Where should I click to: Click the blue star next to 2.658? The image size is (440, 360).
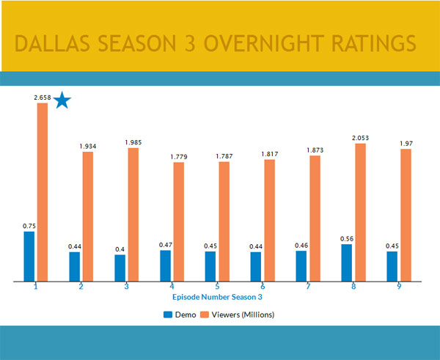(62, 101)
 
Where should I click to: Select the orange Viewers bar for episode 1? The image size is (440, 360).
(42, 191)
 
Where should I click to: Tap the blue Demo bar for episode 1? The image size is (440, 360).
(29, 256)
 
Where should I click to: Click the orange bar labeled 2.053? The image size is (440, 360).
(359, 212)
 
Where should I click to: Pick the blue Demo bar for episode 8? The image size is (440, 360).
(346, 262)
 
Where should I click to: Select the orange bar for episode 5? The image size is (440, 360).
(224, 221)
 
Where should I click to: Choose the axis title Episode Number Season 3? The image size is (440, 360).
(217, 298)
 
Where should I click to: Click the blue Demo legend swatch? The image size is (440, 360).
(168, 314)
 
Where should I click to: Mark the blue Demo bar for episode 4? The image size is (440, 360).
(165, 265)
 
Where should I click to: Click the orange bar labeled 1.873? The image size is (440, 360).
(314, 218)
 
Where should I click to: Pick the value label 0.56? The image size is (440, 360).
(346, 238)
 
